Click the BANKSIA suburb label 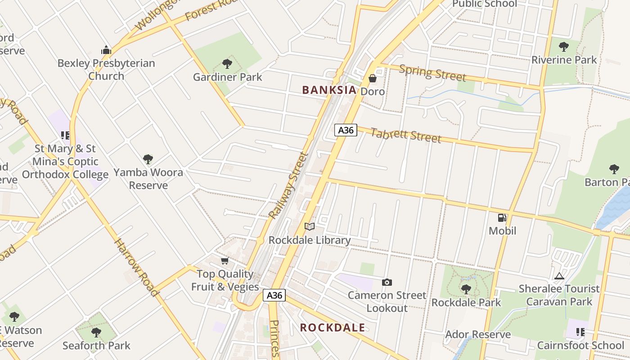[x=329, y=90]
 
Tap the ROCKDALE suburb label [x=333, y=328]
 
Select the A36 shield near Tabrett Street [x=346, y=130]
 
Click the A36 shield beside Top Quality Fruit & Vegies [x=274, y=295]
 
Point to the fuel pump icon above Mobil [x=502, y=218]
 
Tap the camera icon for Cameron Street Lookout [x=387, y=283]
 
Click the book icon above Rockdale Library [x=309, y=227]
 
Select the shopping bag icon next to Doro [x=373, y=78]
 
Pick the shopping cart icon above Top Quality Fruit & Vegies [x=225, y=261]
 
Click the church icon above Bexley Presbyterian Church [x=106, y=50]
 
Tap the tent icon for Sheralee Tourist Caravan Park [x=559, y=276]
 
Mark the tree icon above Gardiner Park [x=227, y=64]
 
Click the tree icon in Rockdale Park [x=466, y=289]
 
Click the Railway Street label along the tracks [x=288, y=186]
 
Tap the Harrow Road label [x=136, y=267]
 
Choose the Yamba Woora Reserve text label [x=148, y=179]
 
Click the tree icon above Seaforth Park [x=96, y=333]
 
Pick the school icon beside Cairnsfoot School [x=580, y=333]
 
